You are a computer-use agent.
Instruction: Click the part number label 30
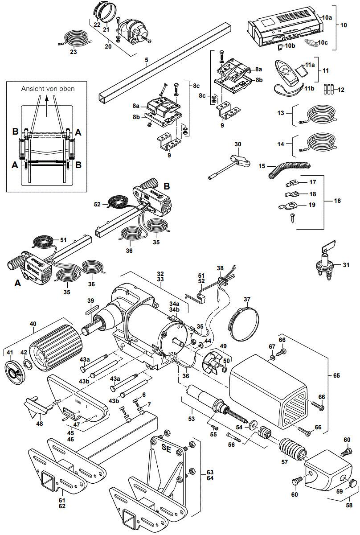tap(237, 144)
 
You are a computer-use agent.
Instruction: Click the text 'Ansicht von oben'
tap(48, 89)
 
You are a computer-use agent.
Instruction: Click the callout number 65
tap(336, 376)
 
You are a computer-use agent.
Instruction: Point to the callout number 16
tap(337, 201)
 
